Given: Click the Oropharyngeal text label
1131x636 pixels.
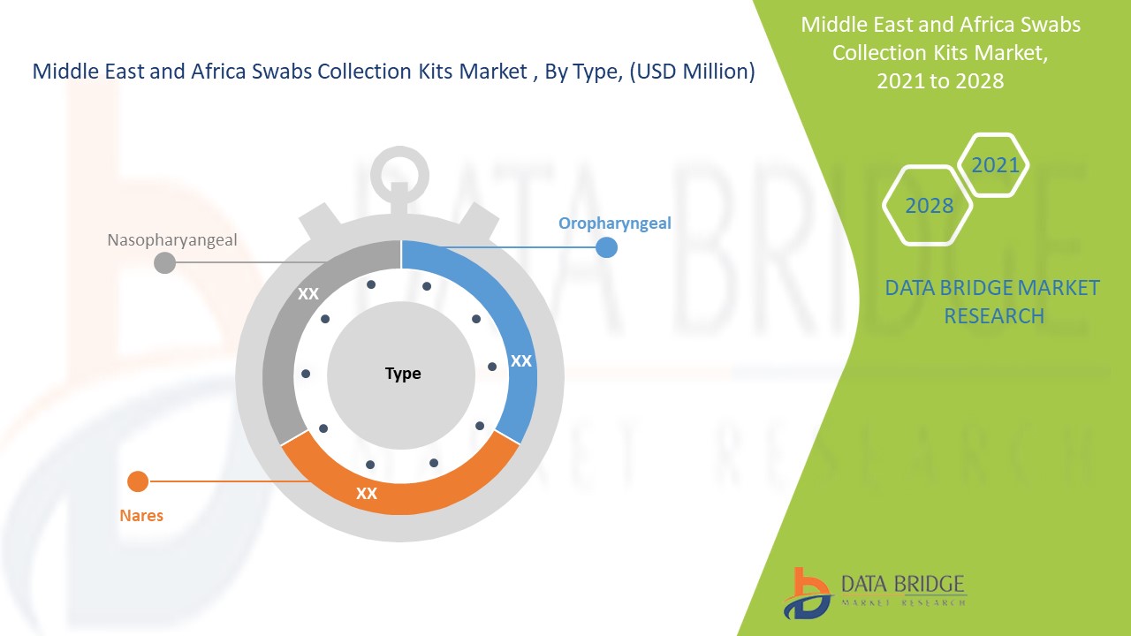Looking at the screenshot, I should (614, 223).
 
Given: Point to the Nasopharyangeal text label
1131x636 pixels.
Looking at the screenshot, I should (172, 239).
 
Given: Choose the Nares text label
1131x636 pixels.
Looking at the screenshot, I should (141, 515).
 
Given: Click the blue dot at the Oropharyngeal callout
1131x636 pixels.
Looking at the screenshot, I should (606, 247).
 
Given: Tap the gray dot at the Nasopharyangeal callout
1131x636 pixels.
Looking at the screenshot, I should (164, 262).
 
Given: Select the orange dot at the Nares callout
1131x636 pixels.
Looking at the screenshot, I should (138, 481).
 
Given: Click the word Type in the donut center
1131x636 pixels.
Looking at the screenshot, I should (403, 374).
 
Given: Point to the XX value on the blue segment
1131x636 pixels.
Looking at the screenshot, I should (521, 361).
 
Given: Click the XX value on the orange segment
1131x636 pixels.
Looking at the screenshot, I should (367, 494).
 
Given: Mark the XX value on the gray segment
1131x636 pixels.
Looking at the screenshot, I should (308, 294).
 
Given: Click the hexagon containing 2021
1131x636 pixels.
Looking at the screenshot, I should (994, 165).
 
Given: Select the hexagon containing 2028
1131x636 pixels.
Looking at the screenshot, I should (929, 206).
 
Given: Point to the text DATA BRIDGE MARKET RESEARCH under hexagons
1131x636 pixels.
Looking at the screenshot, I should (993, 301).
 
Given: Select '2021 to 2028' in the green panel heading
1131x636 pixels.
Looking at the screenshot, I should (940, 80).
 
